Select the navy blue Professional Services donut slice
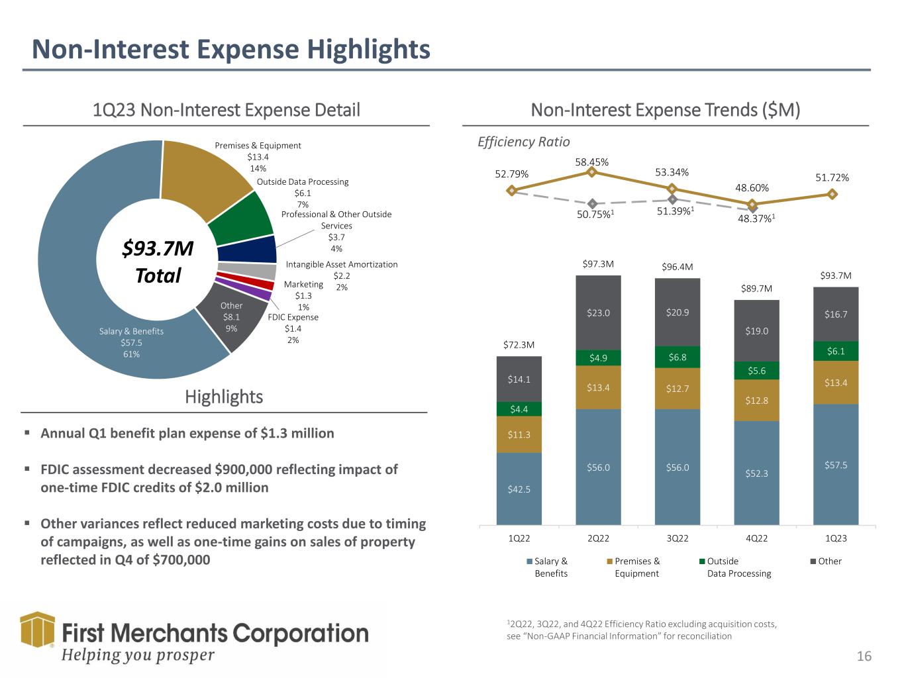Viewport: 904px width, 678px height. (247, 250)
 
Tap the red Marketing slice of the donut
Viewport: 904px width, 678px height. (246, 280)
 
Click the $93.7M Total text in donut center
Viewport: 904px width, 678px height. (158, 262)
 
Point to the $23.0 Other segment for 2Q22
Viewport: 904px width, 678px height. (598, 313)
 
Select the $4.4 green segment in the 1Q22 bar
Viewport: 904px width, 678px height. (519, 409)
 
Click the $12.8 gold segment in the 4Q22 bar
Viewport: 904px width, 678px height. (756, 400)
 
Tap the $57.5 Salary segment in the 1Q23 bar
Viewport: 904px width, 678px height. (836, 464)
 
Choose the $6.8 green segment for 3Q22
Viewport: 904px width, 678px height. (678, 357)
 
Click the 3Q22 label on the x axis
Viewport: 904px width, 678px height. (678, 538)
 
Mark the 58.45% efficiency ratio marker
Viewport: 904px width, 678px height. (591, 171)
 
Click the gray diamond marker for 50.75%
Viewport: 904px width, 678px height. (592, 203)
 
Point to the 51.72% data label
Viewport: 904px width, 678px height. (832, 177)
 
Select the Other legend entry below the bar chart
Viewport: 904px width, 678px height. (826, 561)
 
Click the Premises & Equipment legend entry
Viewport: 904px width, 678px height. (633, 567)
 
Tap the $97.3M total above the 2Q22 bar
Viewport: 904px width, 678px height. (598, 264)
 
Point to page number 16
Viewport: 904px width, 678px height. (864, 655)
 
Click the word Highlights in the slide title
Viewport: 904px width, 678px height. (369, 50)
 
